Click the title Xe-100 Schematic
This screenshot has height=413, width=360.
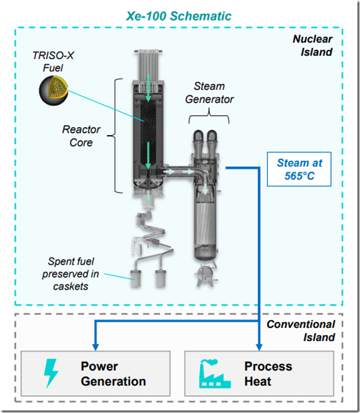point(179,16)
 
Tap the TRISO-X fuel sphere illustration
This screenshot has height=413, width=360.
point(54,91)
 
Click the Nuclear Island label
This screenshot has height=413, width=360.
point(313,45)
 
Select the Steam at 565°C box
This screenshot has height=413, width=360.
point(299,169)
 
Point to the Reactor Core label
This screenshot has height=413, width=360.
point(81,136)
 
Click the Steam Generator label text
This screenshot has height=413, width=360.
point(210,92)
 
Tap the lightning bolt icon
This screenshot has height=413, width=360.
point(51,373)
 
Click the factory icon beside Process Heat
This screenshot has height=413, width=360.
point(215,374)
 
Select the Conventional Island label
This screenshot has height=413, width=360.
point(301,330)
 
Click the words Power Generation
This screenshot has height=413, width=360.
point(113,374)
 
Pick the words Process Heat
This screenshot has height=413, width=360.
point(268,374)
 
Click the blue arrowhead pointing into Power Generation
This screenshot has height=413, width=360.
point(96,347)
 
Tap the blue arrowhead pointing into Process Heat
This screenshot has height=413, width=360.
point(259,347)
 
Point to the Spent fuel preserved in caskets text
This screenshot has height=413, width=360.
point(70,274)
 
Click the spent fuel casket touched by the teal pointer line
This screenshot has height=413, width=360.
point(136,278)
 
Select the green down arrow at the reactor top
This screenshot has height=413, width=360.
point(149,88)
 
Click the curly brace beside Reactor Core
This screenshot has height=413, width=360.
point(115,136)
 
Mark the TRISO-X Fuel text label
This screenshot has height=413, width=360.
point(53,62)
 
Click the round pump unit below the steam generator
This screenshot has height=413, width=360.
point(207,276)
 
